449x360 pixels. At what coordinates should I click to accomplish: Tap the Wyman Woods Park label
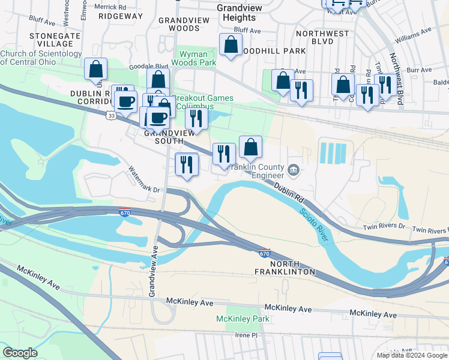coord(194,58)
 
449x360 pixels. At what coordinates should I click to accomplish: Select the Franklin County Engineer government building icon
coord(294,170)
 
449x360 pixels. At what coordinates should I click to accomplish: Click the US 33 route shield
coord(111,116)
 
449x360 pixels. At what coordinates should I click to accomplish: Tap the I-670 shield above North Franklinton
coord(265,253)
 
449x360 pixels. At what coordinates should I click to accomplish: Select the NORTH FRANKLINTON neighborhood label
coord(292,268)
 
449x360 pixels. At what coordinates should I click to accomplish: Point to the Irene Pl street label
coord(245,335)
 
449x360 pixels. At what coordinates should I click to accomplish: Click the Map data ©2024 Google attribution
coord(411,355)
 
